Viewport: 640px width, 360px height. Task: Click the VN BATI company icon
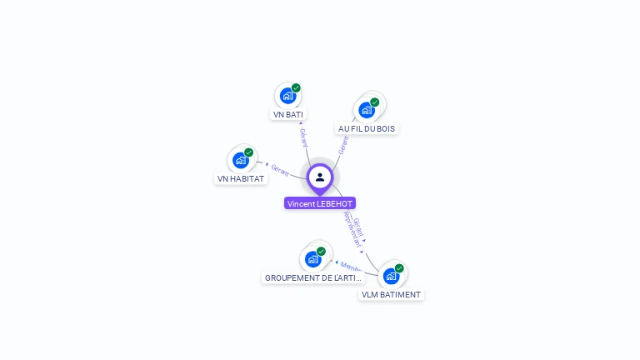coord(287,95)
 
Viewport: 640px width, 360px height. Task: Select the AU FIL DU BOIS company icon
coord(367,110)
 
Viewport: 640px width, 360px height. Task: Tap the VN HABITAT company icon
coord(241,160)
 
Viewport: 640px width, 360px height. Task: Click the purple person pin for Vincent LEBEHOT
coord(320,177)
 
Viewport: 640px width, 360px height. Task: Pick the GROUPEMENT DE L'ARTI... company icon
coord(313,258)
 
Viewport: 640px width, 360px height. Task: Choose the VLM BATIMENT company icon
coord(392,276)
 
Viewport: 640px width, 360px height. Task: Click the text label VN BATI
coord(288,114)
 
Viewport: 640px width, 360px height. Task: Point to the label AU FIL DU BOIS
coord(367,128)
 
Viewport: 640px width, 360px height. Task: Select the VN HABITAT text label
coord(241,178)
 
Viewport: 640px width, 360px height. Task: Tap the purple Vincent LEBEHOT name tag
coord(320,203)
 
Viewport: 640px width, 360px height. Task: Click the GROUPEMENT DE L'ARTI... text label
coord(313,277)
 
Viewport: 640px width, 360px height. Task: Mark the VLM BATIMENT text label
coord(392,294)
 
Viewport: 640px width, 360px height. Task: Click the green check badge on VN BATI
coord(296,87)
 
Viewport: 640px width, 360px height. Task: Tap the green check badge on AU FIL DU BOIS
coord(375,102)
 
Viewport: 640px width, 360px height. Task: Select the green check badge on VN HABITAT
coord(248,152)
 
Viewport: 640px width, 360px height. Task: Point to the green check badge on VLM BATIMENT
coord(399,268)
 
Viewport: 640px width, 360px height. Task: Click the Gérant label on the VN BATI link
coord(303,137)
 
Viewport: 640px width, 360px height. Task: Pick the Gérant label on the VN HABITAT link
coord(280,171)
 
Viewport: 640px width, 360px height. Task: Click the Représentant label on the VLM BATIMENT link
coord(352,229)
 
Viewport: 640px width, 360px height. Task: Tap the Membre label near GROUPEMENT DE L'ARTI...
coord(351,267)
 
